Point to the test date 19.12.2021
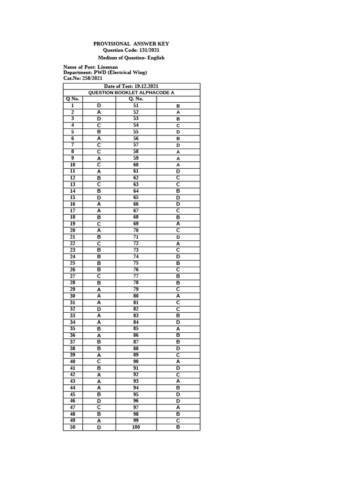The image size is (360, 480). tap(146, 86)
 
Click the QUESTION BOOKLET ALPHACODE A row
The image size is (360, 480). tap(131, 93)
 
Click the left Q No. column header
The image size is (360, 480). tap(73, 99)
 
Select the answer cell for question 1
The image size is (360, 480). tap(99, 106)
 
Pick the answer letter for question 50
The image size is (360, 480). tap(99, 427)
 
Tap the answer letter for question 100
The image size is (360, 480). tap(178, 427)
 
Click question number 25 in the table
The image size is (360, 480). tap(73, 263)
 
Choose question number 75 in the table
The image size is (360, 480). tap(136, 263)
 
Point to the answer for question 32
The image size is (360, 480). tap(99, 309)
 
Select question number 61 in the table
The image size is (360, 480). tap(136, 172)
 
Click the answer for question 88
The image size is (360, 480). tap(178, 349)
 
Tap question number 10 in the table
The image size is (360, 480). tap(73, 165)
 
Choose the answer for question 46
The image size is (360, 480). tap(99, 401)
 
